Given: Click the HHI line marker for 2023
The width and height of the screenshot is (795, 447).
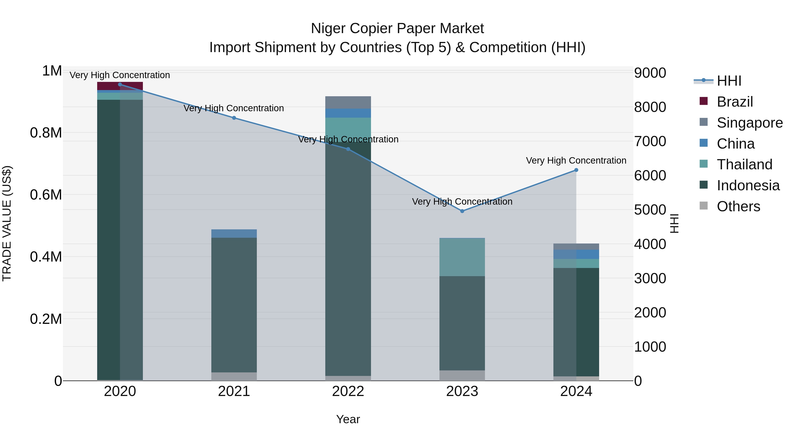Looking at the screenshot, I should click(x=462, y=211).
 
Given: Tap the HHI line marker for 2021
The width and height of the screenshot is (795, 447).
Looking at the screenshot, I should click(x=234, y=118).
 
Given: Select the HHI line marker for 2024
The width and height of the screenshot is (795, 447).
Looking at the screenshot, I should click(x=576, y=170).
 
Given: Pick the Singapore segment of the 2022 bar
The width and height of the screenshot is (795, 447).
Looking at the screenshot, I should click(x=348, y=102).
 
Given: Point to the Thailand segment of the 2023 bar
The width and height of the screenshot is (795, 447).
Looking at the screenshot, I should click(x=462, y=257).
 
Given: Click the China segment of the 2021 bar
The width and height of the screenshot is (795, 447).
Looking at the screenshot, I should click(x=234, y=234).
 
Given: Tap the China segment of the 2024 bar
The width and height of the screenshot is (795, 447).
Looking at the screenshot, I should click(x=576, y=254).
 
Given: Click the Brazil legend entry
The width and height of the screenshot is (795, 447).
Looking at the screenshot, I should click(x=734, y=102).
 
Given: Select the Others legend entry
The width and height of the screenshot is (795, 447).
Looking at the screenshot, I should click(x=738, y=206).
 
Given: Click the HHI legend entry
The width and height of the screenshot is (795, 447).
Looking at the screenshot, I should click(x=729, y=81).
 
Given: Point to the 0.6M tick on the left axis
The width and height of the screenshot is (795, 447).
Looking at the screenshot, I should click(x=46, y=195).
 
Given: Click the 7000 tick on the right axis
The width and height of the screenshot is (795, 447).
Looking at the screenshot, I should click(x=650, y=141).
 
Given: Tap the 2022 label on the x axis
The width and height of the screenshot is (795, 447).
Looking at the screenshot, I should click(x=348, y=391).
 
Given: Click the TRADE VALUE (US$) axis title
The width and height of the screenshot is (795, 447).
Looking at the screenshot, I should click(x=7, y=223).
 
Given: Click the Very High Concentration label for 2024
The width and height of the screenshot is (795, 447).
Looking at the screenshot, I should click(x=576, y=160).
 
